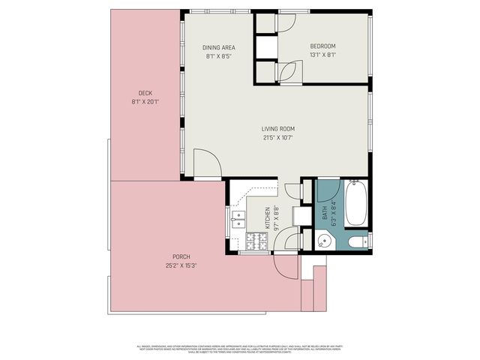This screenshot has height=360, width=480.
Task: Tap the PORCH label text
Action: click(181, 256)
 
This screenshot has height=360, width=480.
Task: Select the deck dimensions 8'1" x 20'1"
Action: click(145, 101)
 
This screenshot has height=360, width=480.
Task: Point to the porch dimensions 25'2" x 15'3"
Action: click(181, 265)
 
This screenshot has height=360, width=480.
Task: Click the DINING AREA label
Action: click(219, 47)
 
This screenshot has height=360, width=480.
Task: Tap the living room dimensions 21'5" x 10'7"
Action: click(277, 137)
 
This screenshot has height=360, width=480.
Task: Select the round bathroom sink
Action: click(325, 242)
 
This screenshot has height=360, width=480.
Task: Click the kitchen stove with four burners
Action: click(255, 241)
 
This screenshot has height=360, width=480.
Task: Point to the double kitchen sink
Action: click(238, 219)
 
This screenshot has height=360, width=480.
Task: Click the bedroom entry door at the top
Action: click(287, 23)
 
